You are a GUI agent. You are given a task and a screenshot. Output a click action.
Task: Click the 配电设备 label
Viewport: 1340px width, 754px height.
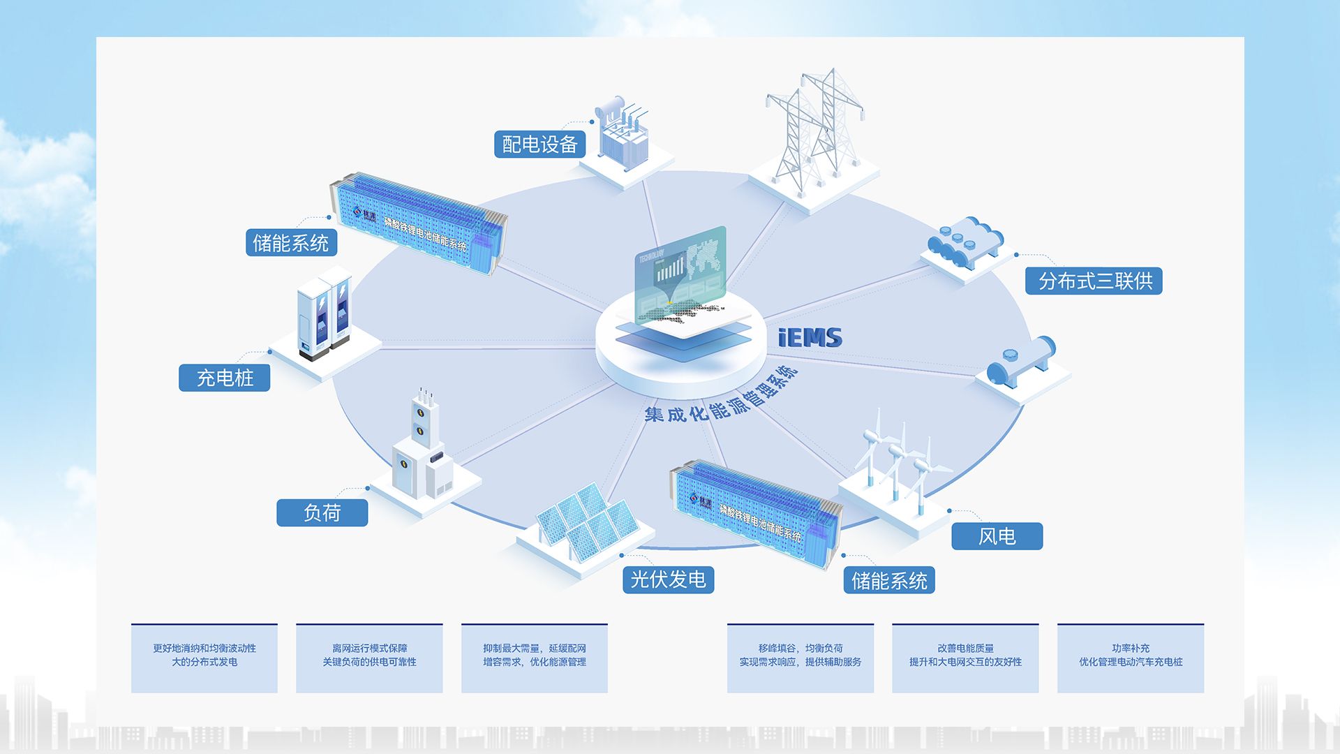[539, 145]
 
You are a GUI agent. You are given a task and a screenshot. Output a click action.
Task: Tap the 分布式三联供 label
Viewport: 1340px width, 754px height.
[1094, 281]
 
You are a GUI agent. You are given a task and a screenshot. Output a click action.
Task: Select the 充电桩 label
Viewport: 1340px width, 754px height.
[224, 378]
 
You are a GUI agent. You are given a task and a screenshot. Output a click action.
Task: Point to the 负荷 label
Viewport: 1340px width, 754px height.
[322, 512]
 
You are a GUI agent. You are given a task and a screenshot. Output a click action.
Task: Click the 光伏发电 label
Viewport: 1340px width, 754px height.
[668, 579]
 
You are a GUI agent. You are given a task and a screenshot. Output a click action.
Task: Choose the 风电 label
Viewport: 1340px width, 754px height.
[997, 536]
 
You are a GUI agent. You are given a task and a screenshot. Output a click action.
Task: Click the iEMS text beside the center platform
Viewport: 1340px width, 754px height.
[810, 338]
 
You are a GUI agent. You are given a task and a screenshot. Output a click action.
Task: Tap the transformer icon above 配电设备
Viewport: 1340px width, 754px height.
[623, 133]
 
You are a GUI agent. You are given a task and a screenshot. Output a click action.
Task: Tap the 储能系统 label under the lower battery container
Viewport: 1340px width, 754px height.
[888, 580]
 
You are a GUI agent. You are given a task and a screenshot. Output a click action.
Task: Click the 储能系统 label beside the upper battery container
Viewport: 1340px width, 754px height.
[291, 243]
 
